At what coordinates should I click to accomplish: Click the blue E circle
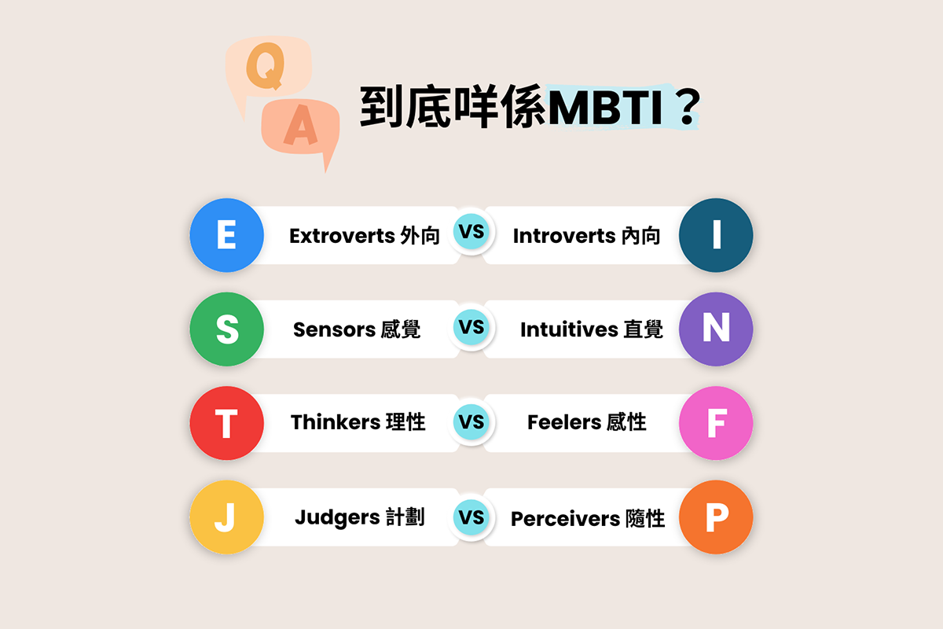point(226,235)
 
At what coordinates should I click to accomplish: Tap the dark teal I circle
point(716,235)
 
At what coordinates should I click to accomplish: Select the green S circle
point(226,329)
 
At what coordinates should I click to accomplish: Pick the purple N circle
point(716,329)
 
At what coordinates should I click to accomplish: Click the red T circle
point(226,423)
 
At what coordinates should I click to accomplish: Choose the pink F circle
point(716,423)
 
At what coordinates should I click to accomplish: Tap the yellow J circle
point(226,517)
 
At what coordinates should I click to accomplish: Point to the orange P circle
point(716,517)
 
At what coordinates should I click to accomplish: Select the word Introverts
point(563,236)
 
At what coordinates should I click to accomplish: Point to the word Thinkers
point(336,423)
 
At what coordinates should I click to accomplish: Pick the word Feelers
point(563,423)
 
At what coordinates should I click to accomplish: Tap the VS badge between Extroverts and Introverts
point(472,233)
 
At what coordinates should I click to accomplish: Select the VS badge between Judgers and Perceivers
point(472,517)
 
